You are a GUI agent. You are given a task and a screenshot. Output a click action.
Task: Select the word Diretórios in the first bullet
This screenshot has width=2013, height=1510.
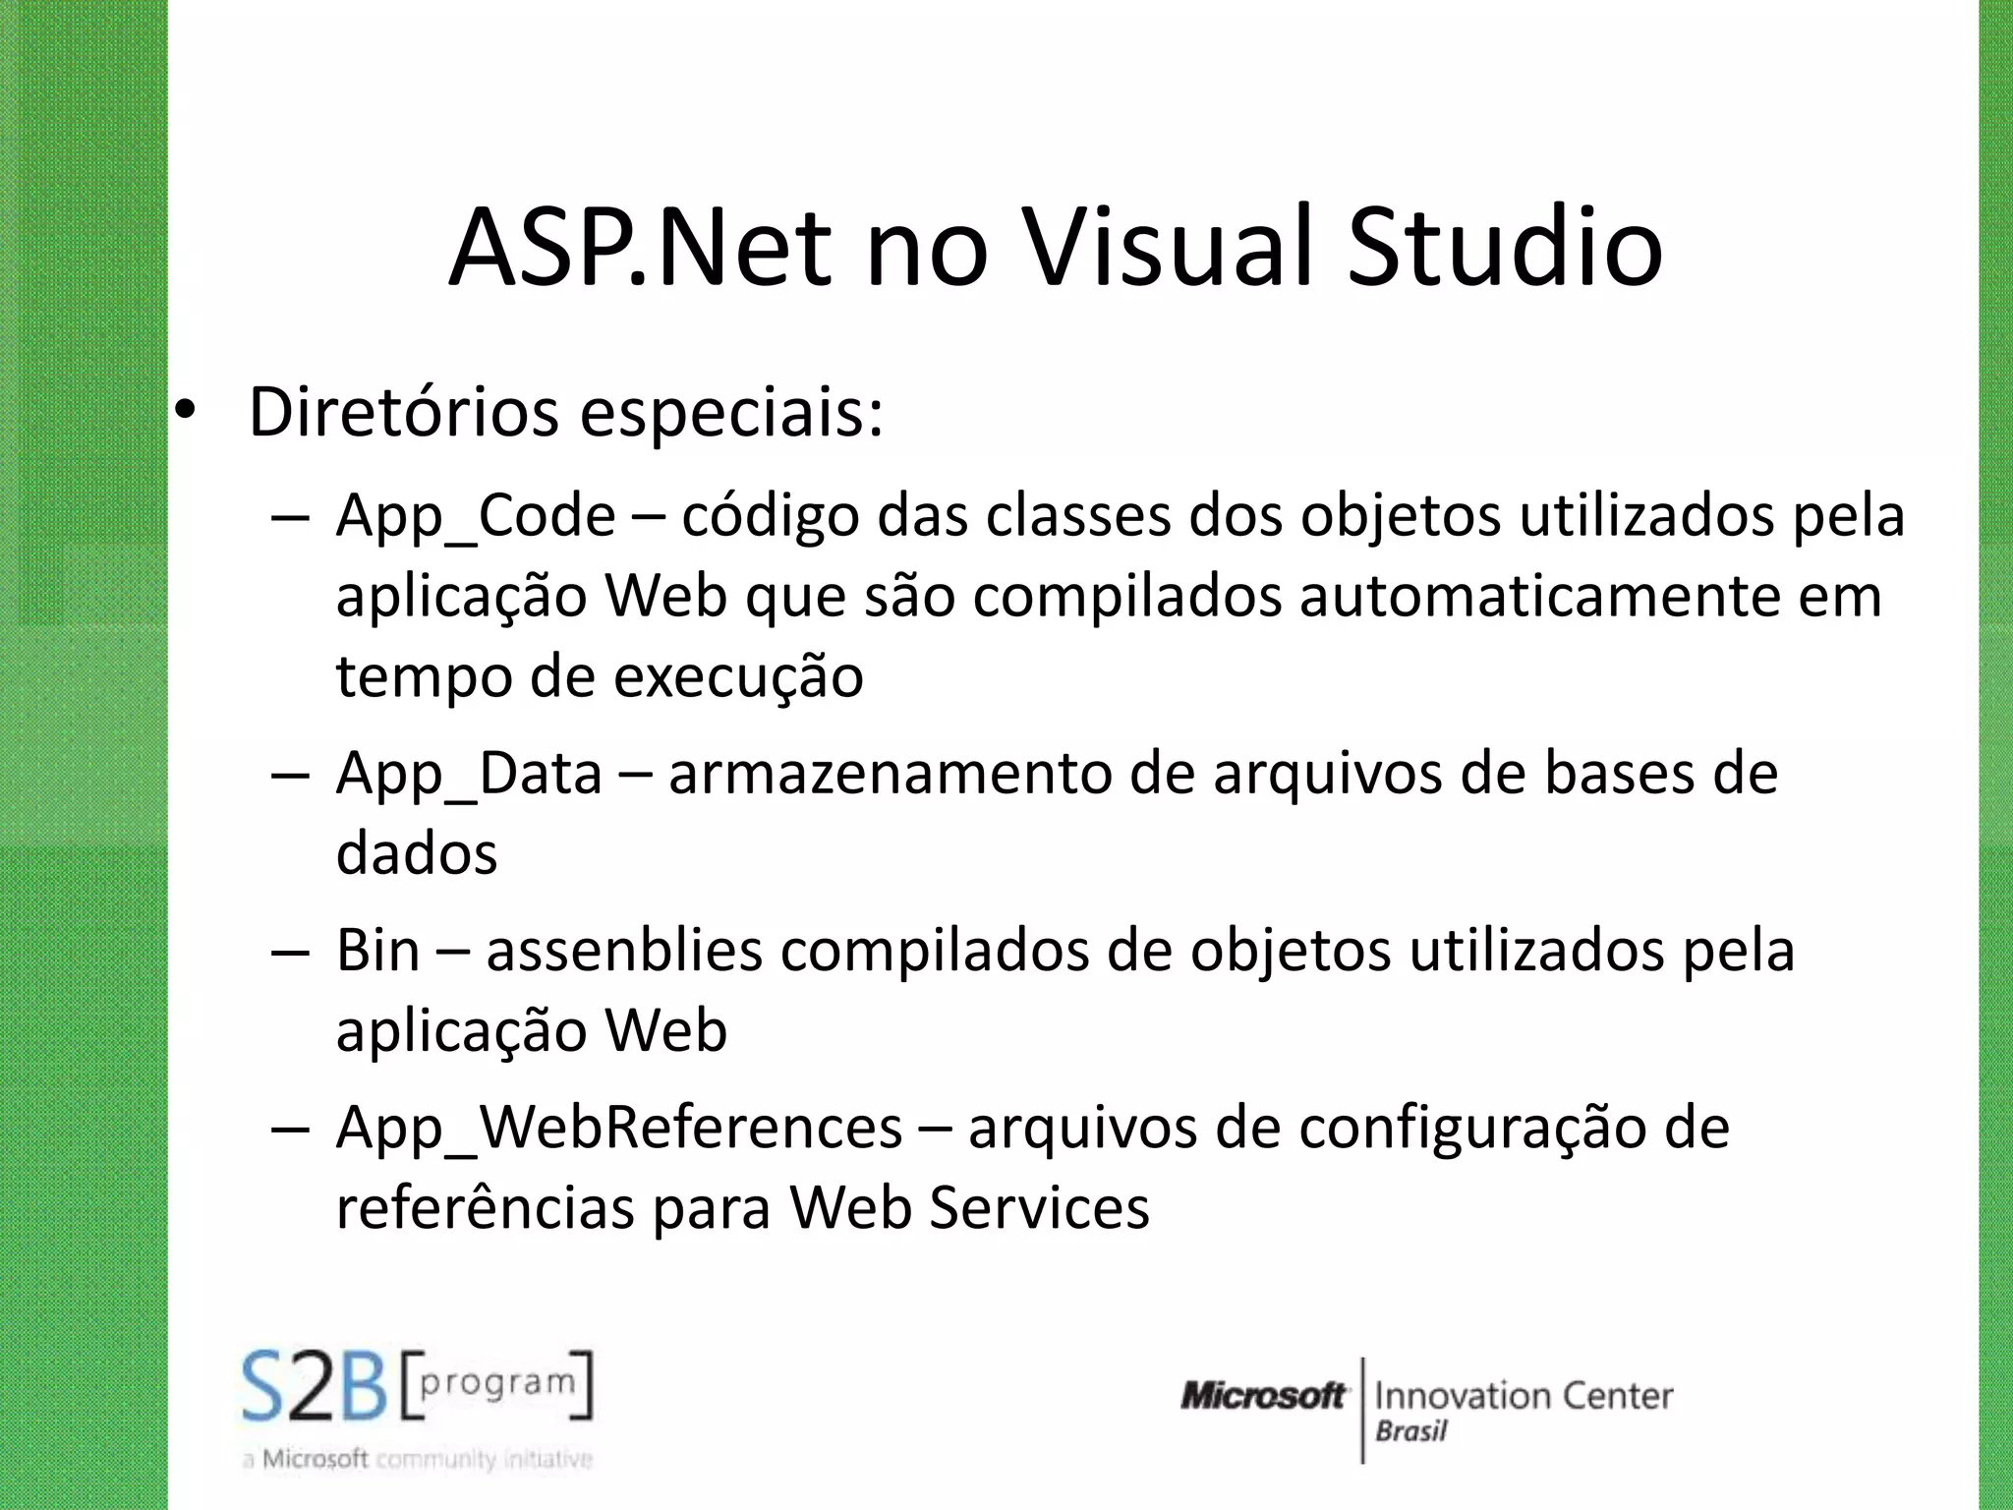coord(404,413)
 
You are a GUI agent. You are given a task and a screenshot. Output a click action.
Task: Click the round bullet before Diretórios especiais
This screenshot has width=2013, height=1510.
coord(186,413)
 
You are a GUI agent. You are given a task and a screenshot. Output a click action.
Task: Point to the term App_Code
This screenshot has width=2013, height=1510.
coord(476,517)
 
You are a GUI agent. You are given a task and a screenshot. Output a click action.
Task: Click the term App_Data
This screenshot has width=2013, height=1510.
coord(469,775)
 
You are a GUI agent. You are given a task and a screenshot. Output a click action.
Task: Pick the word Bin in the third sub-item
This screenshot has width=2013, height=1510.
coord(377,952)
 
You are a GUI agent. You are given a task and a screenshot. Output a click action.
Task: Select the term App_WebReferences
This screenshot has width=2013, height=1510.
coord(619,1129)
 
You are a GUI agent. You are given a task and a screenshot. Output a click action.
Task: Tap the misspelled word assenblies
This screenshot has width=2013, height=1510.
coord(624,952)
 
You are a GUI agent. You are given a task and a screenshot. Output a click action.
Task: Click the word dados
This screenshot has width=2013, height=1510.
coord(417,853)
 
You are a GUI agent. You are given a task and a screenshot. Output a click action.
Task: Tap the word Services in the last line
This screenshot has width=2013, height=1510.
coord(1039,1208)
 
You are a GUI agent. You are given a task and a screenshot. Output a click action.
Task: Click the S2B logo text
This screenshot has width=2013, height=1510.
coord(316,1386)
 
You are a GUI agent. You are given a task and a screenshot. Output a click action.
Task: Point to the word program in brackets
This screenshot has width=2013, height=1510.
coord(497,1382)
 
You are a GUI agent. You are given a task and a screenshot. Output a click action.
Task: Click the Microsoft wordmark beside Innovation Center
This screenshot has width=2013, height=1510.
coord(1263,1396)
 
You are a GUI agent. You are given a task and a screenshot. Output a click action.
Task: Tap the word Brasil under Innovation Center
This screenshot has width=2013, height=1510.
coord(1410,1431)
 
